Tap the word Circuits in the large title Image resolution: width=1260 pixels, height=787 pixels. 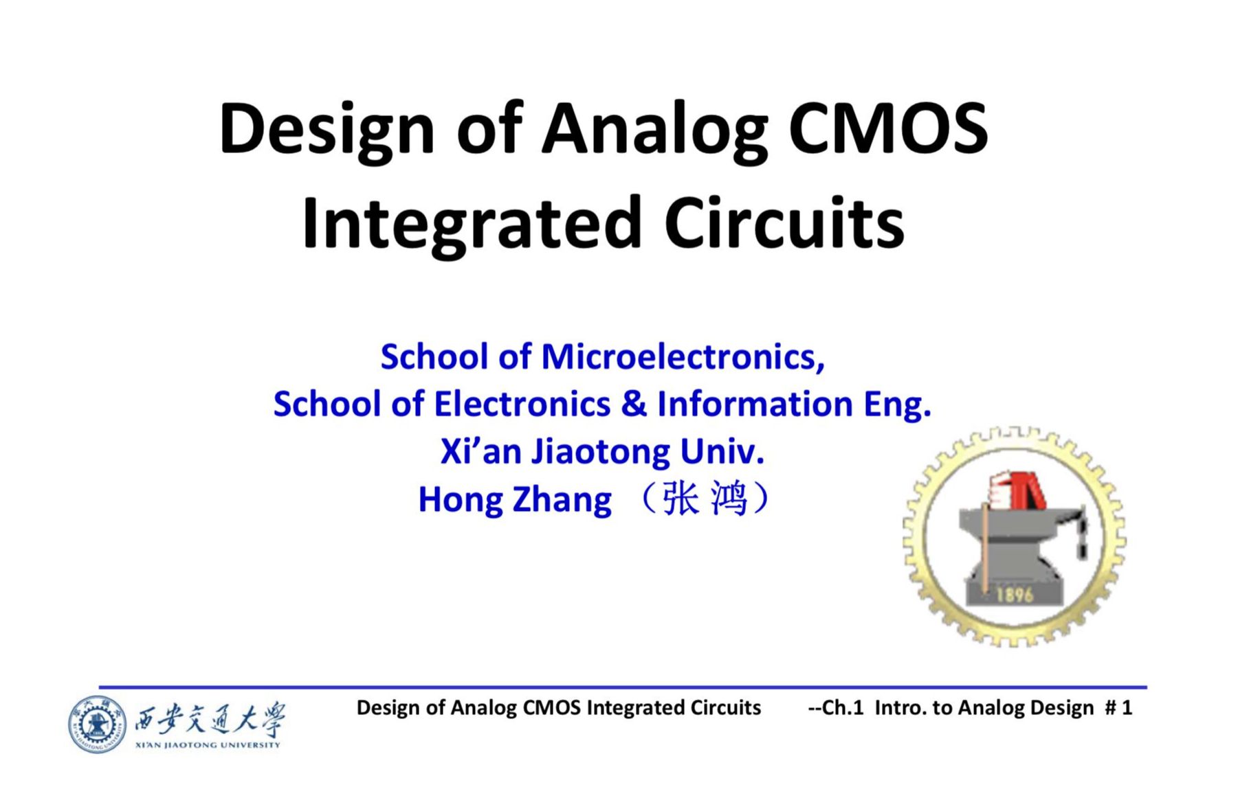point(784,224)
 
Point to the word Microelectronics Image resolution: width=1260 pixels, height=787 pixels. point(682,357)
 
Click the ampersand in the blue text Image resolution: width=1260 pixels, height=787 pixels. point(633,404)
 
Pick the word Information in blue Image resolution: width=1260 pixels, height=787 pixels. point(755,404)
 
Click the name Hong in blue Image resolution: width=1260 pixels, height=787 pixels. point(460,500)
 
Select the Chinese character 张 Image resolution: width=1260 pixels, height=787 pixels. point(681,499)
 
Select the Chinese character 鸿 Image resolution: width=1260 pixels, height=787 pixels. point(729,499)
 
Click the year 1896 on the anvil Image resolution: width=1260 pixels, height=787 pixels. point(1015,594)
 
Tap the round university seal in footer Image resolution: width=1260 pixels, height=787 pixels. point(97,724)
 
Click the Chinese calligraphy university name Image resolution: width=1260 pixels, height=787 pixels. point(209,719)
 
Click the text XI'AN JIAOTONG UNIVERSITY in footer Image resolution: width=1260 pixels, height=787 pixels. point(208,745)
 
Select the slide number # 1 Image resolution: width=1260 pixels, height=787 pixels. point(1118,708)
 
